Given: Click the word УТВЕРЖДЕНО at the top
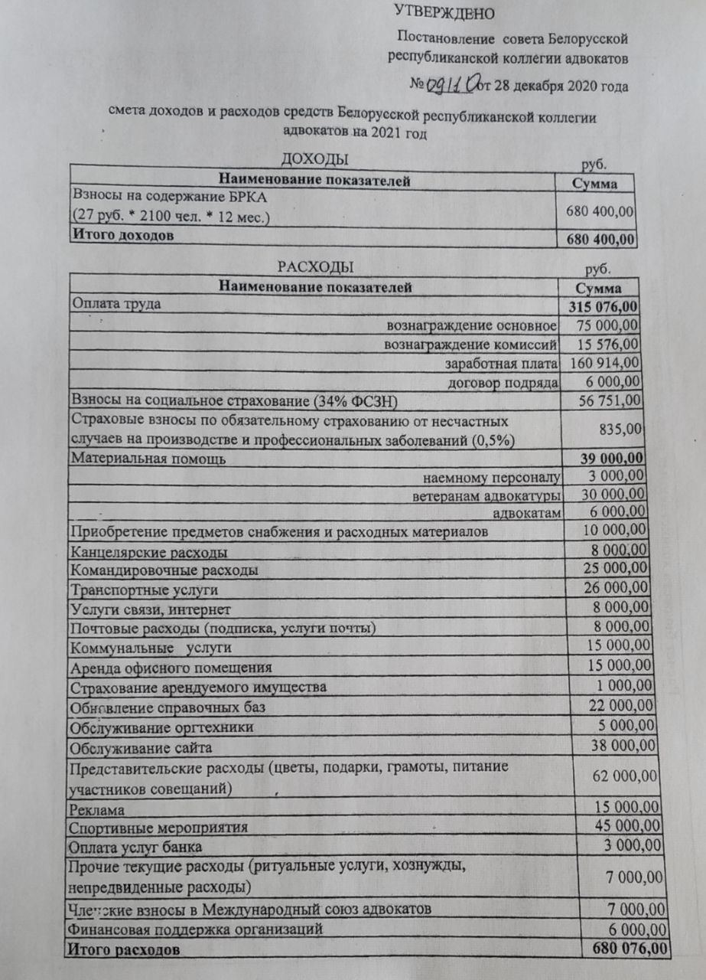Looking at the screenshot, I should coord(444,12).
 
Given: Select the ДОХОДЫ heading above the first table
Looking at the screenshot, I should coord(315,158).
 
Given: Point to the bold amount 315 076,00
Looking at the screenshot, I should coord(604,307).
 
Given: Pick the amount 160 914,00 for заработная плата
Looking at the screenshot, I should coord(602,362).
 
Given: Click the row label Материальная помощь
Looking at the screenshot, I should coord(148,459).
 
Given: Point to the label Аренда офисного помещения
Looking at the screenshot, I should coord(171,667).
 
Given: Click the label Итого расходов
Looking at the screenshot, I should coord(125,950).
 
